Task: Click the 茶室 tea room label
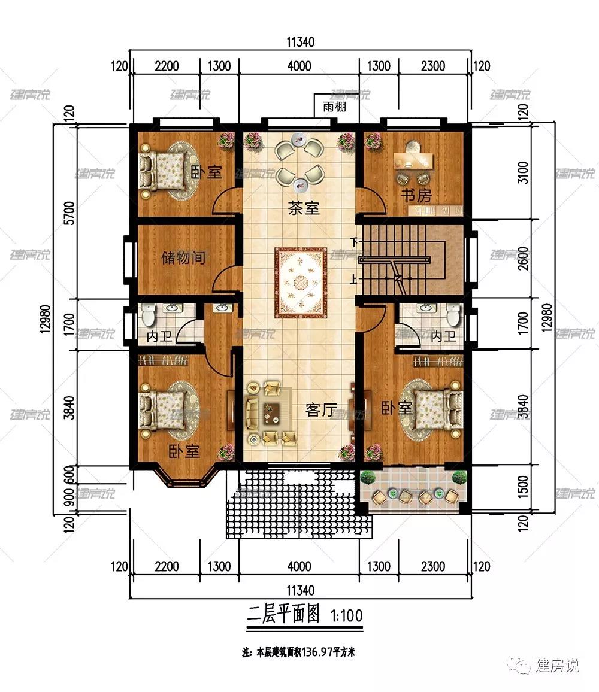(304, 208)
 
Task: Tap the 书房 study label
(416, 195)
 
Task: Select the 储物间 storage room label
(183, 257)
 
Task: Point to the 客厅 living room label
(322, 410)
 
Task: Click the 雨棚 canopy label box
(334, 107)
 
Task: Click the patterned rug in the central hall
(301, 283)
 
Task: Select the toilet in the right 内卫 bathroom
(453, 314)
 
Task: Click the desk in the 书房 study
(413, 161)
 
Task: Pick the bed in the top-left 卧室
(163, 171)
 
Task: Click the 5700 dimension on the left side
(69, 213)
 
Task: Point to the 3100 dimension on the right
(522, 172)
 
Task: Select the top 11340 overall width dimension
(300, 42)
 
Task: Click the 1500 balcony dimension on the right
(522, 487)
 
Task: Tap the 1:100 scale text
(347, 615)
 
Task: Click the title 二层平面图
(283, 614)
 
